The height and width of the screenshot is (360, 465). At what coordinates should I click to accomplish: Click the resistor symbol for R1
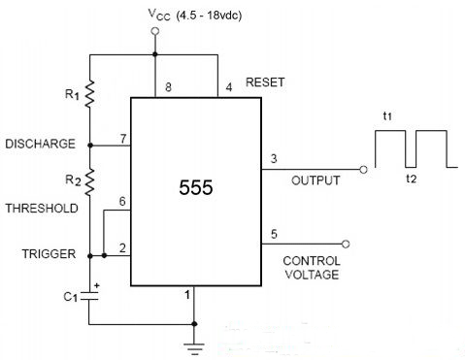[x=89, y=94]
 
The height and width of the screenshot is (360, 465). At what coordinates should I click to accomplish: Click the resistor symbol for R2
[x=89, y=181]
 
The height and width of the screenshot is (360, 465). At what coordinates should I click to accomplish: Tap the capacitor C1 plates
[x=89, y=296]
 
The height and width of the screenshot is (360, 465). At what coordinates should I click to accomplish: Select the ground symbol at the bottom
[x=194, y=349]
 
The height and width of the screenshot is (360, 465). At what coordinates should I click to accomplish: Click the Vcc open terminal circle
[x=155, y=31]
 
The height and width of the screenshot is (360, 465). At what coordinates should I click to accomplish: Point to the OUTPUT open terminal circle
[x=363, y=170]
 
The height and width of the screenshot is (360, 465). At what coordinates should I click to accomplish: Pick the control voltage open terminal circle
[x=346, y=244]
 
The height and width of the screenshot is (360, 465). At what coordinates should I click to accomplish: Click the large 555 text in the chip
[x=196, y=187]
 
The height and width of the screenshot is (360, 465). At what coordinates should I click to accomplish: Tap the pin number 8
[x=168, y=87]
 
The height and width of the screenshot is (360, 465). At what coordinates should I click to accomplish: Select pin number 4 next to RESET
[x=229, y=87]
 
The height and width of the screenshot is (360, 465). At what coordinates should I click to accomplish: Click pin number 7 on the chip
[x=123, y=139]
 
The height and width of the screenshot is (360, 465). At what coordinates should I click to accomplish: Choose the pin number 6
[x=122, y=201]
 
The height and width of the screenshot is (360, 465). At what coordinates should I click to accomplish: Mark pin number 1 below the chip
[x=187, y=295]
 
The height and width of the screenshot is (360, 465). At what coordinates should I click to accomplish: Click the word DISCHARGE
[x=41, y=144]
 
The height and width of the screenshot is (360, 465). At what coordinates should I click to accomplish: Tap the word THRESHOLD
[x=42, y=209]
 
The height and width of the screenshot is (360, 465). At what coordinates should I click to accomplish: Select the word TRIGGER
[x=49, y=254]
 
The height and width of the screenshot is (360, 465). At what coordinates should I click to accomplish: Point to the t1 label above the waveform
[x=387, y=115]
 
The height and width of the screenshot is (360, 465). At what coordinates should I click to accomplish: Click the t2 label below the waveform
[x=412, y=179]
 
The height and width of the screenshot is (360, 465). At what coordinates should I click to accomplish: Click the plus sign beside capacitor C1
[x=97, y=285]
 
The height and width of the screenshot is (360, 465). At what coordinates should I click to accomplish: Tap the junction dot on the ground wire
[x=194, y=324]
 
